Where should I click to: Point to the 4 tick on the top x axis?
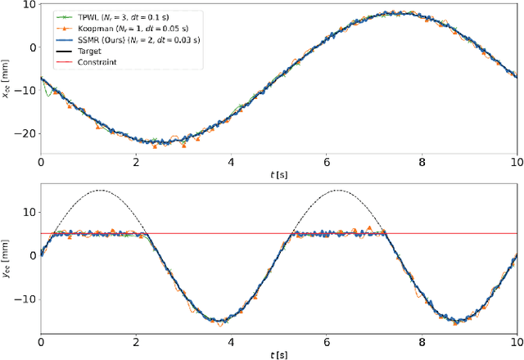[x=233, y=162]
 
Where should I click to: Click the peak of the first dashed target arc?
[x=101, y=191]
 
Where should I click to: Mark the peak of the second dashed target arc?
[x=339, y=191]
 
